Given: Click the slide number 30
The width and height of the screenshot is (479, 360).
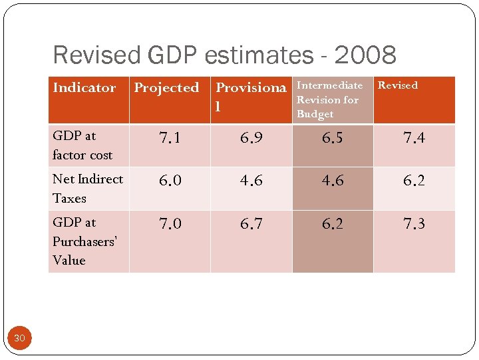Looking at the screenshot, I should tap(19, 339).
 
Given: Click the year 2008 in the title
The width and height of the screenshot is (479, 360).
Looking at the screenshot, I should tap(365, 55).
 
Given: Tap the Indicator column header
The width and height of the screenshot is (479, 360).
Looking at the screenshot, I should tap(84, 88).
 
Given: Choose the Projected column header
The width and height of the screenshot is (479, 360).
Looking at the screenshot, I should tap(166, 88).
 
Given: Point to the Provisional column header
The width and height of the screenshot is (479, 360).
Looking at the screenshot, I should tap(251, 97).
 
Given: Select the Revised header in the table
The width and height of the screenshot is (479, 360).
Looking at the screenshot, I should tap(398, 85).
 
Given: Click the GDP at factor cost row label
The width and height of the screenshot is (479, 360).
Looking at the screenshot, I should tap(82, 145).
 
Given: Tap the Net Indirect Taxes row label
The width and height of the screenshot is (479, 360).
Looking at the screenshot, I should tap(87, 189).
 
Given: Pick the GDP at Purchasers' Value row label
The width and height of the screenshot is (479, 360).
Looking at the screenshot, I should tap(84, 241).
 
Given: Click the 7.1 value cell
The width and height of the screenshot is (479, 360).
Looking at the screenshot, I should tap(169, 138).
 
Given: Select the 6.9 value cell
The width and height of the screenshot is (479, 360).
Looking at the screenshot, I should tap(251, 138).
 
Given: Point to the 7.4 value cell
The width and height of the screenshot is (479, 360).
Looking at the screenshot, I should tap(414, 138).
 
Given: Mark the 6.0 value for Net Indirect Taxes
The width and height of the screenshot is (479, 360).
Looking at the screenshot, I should tap(169, 181).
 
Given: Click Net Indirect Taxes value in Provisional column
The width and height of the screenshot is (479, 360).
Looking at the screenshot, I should tap(251, 181).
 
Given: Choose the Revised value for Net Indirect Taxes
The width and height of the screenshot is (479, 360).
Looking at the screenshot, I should tap(414, 181).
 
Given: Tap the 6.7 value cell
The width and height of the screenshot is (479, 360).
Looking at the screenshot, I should tap(251, 224).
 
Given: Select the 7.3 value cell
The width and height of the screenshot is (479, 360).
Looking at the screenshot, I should tap(414, 224).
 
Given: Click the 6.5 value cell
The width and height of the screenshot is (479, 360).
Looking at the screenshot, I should tap(333, 138).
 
